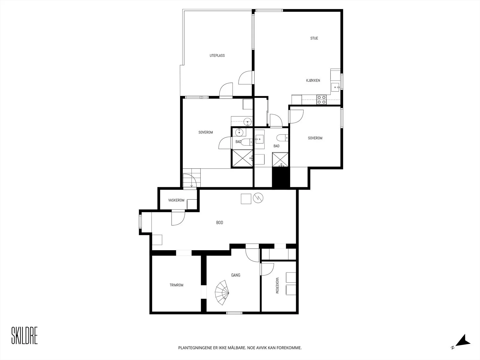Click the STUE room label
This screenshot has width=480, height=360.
(314, 38)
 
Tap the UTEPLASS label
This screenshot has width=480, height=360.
(217, 55)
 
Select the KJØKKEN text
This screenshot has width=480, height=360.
(313, 80)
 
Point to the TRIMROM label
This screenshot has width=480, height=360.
(176, 285)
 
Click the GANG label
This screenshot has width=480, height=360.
(235, 275)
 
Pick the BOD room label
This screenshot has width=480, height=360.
(220, 223)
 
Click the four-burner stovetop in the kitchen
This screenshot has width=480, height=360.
(322, 100)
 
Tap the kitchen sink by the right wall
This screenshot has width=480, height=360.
(335, 87)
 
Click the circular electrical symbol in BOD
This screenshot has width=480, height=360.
(258, 198)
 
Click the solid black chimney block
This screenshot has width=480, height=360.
(281, 178)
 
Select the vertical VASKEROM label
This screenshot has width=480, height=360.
(277, 286)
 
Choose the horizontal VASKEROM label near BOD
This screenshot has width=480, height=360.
(176, 200)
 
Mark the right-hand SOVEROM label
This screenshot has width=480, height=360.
(315, 138)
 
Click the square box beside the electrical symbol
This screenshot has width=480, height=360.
(246, 199)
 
